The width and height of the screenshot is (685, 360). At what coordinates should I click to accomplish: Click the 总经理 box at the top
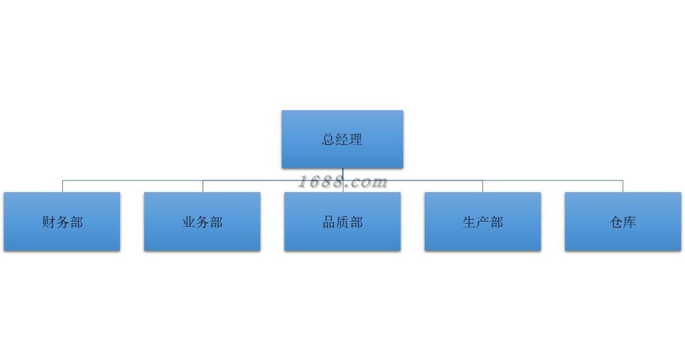tap(342, 139)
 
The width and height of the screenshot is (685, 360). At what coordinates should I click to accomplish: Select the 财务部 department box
tap(62, 222)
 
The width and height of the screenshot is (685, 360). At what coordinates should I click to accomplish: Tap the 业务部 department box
tap(203, 222)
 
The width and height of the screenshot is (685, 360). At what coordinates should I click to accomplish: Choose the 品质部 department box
tap(342, 222)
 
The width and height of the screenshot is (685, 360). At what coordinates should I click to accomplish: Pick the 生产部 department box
tap(482, 222)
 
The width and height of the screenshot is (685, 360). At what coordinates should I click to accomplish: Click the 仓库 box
tap(623, 222)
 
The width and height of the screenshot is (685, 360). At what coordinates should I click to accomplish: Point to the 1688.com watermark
tap(343, 182)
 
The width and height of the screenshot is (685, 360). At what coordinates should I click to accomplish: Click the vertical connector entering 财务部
tap(62, 186)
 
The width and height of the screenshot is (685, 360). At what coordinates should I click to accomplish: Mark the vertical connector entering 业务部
tap(203, 186)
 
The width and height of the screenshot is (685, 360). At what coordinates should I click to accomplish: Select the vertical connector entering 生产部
tap(482, 186)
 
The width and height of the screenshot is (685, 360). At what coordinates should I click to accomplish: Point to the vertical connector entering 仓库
tap(623, 186)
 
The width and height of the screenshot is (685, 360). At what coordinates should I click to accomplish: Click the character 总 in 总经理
tap(328, 140)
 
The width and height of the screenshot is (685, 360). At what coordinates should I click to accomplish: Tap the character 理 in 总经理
tap(356, 140)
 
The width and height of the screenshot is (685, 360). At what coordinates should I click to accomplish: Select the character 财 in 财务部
tap(49, 222)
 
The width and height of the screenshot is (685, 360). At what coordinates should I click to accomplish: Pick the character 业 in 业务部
tap(189, 222)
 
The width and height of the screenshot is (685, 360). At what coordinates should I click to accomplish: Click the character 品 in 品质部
tap(328, 222)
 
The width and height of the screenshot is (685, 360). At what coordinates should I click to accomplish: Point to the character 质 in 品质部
tap(342, 222)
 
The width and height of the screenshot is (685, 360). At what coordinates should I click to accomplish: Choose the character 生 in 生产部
tap(469, 222)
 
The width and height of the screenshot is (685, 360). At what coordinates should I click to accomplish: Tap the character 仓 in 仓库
tap(616, 222)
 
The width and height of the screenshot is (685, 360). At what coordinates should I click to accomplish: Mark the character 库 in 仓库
tap(630, 222)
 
